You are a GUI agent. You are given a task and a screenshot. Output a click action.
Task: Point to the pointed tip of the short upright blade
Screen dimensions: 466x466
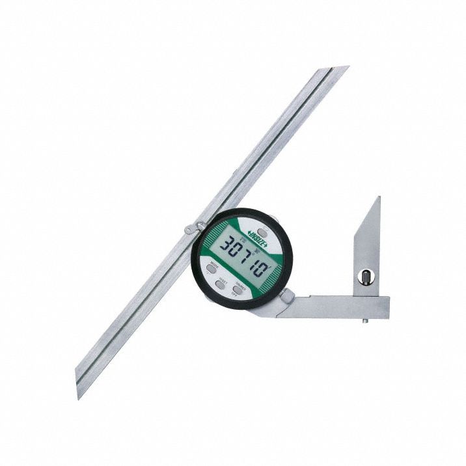(379, 198)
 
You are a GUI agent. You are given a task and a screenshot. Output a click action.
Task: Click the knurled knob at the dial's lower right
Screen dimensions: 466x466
(286, 296)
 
